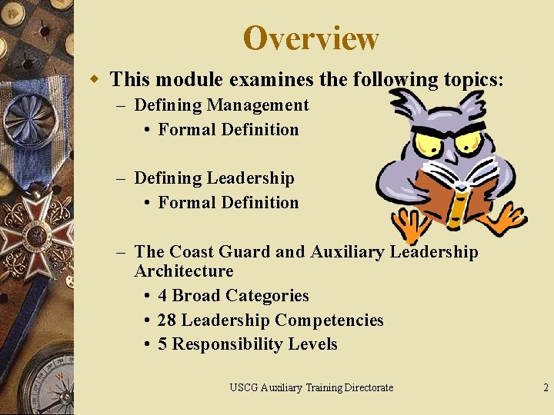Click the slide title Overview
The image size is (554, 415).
click(311, 38)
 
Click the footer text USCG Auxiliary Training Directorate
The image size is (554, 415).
click(311, 387)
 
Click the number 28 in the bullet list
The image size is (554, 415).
click(167, 320)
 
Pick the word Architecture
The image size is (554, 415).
click(183, 271)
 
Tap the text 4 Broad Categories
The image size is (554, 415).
click(232, 296)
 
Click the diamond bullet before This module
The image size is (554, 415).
click(95, 78)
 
